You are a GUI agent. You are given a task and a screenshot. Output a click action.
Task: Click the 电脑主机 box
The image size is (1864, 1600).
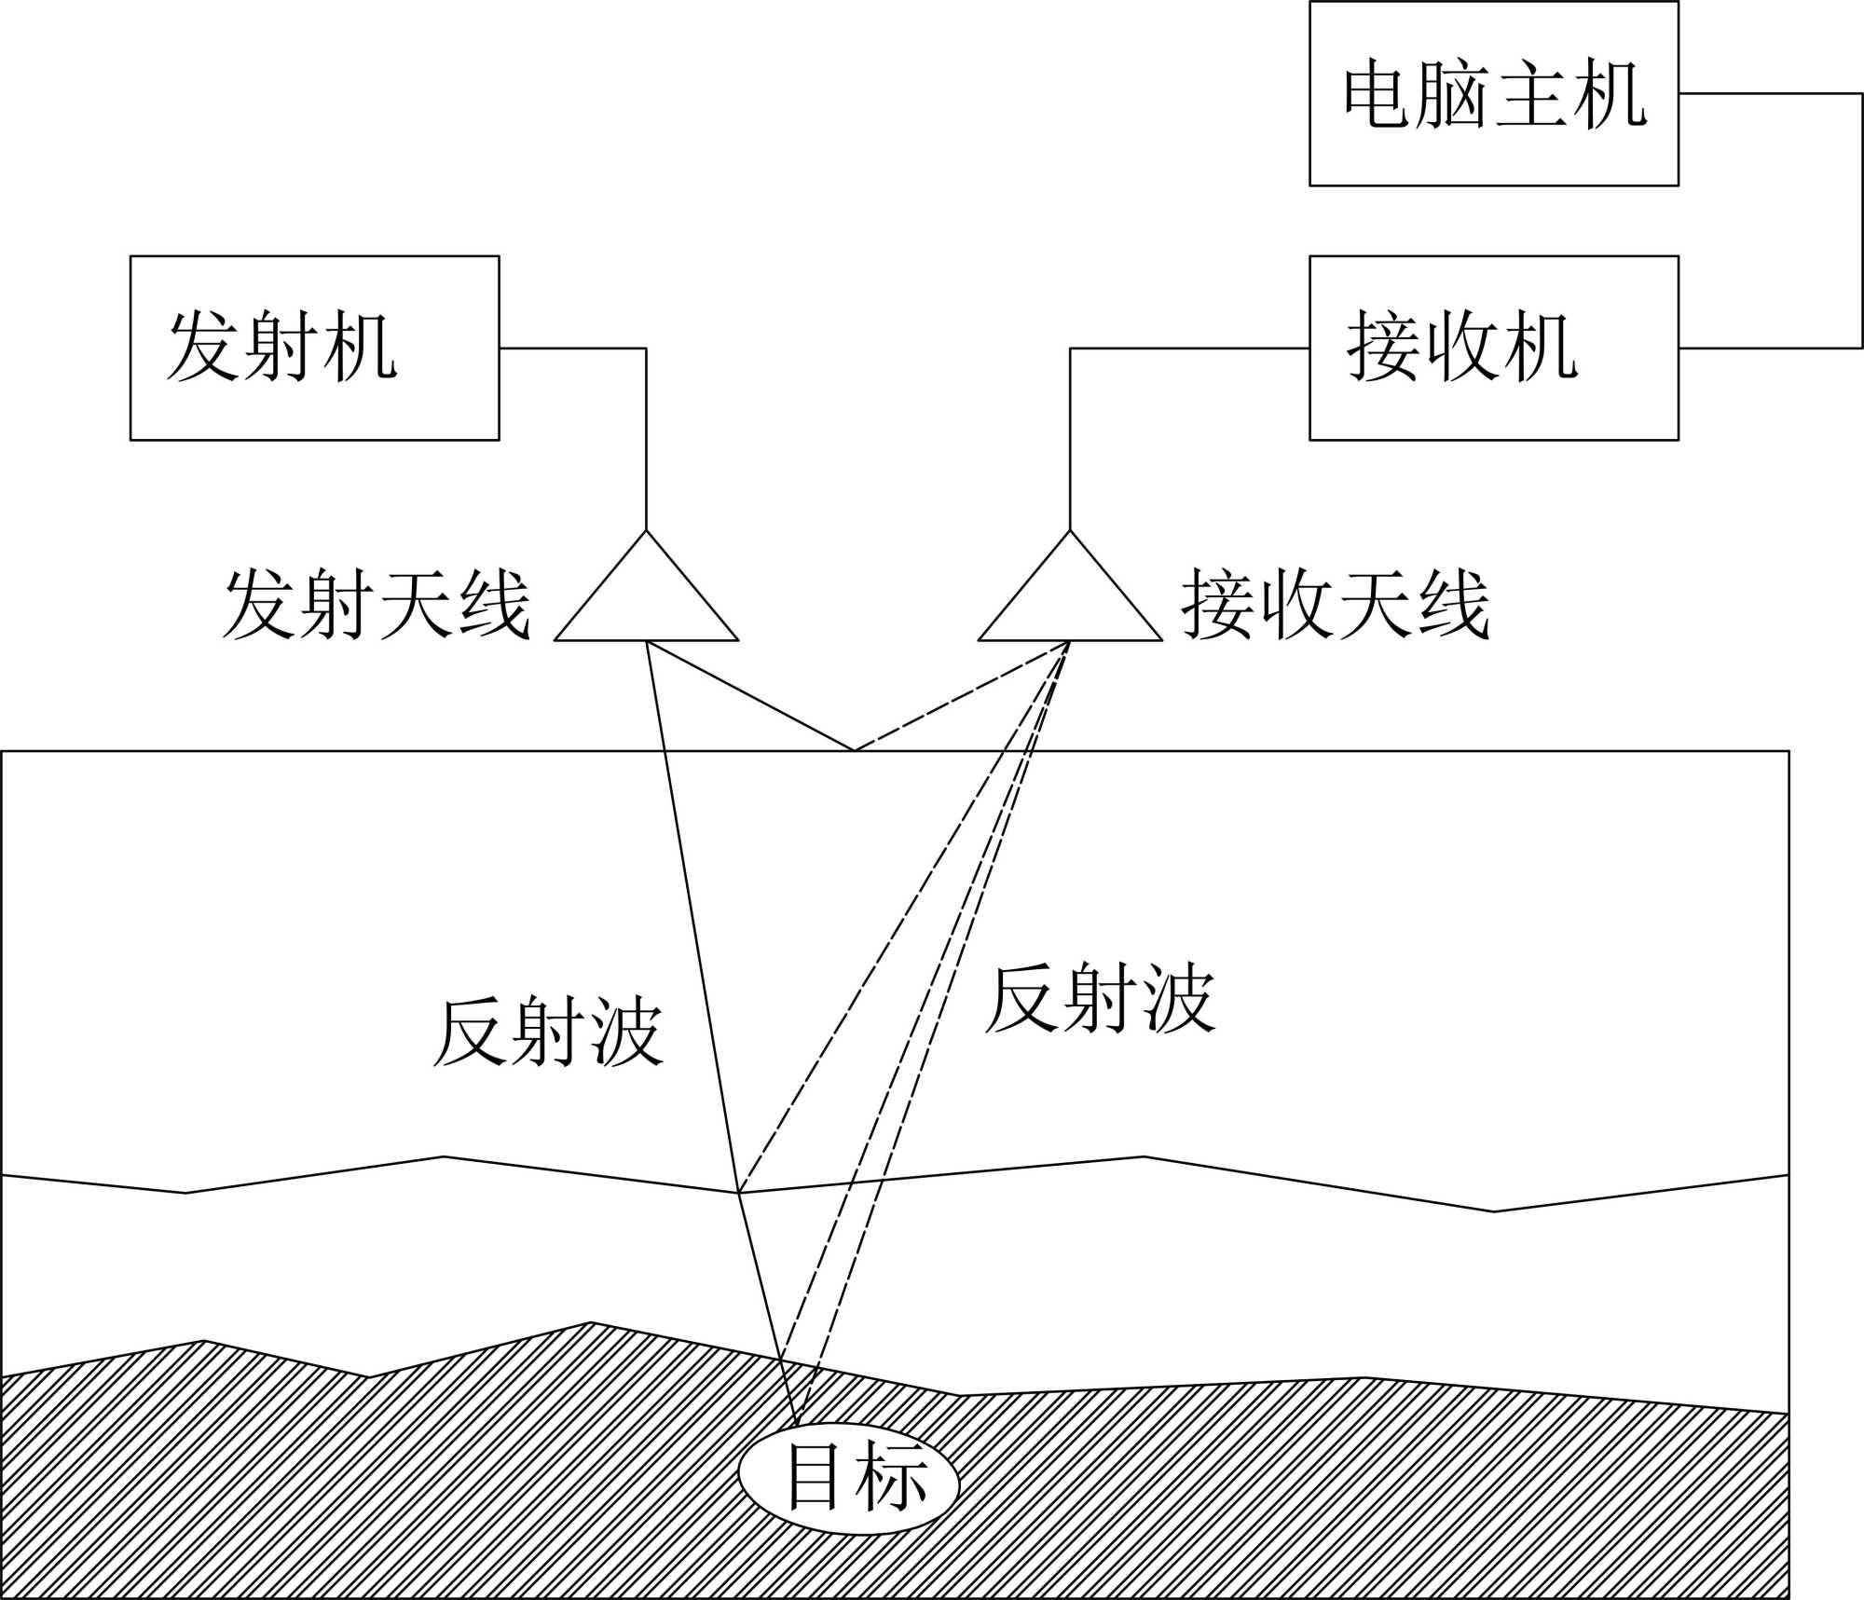1493,93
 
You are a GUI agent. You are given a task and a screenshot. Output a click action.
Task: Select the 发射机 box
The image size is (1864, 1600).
314,348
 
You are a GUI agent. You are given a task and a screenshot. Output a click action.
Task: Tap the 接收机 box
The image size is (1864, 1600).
1493,348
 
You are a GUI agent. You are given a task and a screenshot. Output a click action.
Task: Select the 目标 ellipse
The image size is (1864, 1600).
848,1481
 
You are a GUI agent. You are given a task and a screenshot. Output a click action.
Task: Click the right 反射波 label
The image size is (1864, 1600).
1100,999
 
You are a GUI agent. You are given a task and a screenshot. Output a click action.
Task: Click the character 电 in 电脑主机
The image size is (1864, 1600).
1376,94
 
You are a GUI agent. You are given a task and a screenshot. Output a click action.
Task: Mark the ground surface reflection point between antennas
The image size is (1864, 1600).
854,750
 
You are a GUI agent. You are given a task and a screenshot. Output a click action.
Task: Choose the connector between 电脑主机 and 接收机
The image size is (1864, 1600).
1861,221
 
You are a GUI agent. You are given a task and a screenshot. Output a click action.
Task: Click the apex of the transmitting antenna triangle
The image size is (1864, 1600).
646,531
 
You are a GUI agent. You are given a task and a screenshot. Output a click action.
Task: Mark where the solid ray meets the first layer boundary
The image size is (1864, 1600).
738,1193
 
